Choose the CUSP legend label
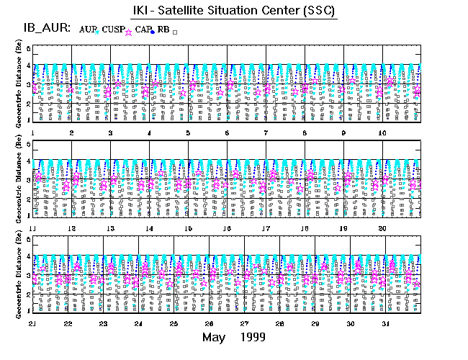tap(112, 29)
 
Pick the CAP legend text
tap(143, 29)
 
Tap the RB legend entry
tap(164, 29)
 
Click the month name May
tap(214, 337)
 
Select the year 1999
tap(251, 337)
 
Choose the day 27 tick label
tap(245, 323)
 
